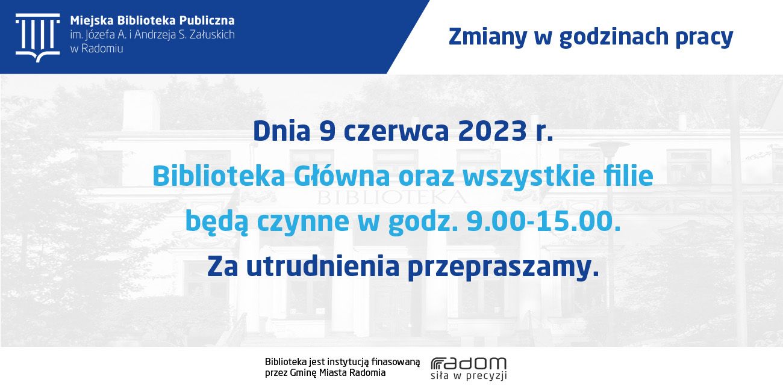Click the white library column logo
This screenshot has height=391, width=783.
(38, 38)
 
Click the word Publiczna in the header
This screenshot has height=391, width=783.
(207, 20)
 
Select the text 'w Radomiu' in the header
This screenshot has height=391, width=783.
(96, 49)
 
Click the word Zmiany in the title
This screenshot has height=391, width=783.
(488, 37)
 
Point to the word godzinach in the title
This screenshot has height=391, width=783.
(614, 37)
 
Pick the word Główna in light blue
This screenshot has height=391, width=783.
(342, 176)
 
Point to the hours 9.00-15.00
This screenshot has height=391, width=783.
(543, 221)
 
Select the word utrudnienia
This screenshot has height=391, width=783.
(323, 266)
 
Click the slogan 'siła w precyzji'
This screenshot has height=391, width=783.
(469, 375)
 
